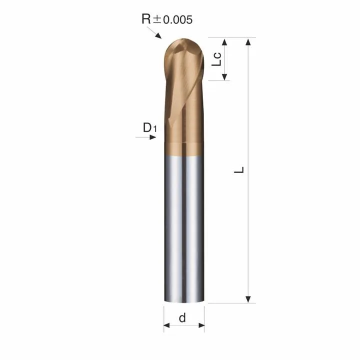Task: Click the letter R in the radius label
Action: click(146, 19)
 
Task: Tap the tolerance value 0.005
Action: click(177, 19)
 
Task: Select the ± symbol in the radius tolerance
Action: click(157, 19)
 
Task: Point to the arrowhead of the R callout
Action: click(158, 35)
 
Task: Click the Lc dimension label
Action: click(216, 59)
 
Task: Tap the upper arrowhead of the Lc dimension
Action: click(224, 42)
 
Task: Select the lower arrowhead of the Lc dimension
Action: click(224, 77)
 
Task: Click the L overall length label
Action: click(239, 170)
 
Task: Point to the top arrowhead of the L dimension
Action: click(248, 42)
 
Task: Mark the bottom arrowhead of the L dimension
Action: click(248, 299)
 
